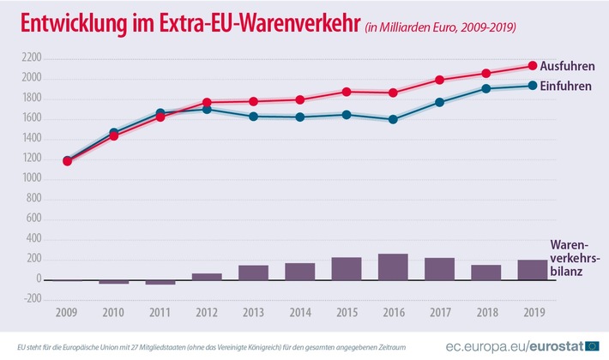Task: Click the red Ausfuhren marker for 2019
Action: [532, 66]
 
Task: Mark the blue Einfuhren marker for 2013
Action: [253, 116]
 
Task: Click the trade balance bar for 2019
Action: [532, 269]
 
